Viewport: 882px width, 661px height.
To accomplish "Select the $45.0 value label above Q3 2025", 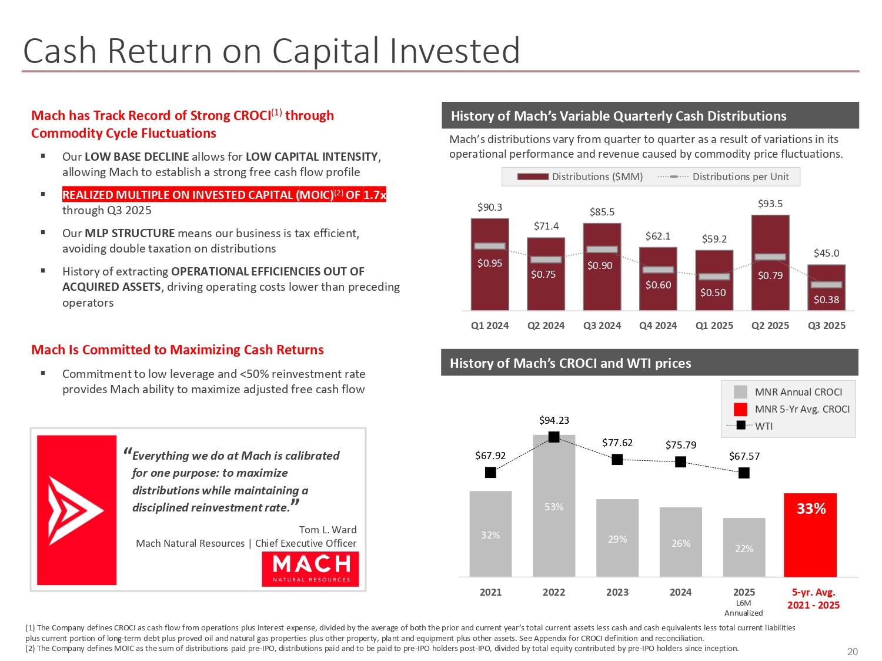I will [x=826, y=253].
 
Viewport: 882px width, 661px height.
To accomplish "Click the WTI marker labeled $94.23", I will [x=554, y=437].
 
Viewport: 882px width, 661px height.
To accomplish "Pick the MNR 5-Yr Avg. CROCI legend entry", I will [x=791, y=409].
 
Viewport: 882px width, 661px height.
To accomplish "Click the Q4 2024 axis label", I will [x=658, y=325].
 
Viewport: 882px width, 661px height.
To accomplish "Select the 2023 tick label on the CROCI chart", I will [x=617, y=592].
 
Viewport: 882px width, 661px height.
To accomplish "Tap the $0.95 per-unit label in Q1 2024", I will [x=490, y=263].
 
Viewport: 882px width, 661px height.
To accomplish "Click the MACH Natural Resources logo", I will [x=310, y=569].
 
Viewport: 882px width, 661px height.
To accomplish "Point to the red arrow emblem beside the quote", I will [x=76, y=510].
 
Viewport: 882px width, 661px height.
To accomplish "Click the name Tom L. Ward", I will [x=328, y=530].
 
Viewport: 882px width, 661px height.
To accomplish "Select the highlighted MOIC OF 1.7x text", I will [x=224, y=195].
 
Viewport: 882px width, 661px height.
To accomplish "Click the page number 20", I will [x=853, y=652].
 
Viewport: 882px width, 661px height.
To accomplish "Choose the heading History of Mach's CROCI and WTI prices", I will [x=570, y=363].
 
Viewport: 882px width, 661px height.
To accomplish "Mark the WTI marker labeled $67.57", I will [x=744, y=473].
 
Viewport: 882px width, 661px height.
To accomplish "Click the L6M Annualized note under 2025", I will [x=744, y=608].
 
